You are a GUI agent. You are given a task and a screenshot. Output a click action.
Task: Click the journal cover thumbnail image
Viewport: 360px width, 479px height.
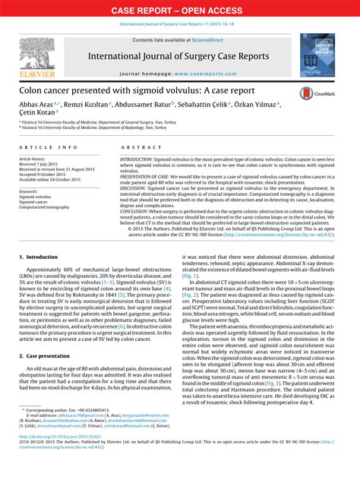tap(317, 54)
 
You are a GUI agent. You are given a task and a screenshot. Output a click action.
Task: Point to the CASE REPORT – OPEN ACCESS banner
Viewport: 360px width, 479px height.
tap(179, 10)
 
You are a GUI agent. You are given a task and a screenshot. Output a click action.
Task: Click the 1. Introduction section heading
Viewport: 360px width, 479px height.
tap(39, 257)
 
